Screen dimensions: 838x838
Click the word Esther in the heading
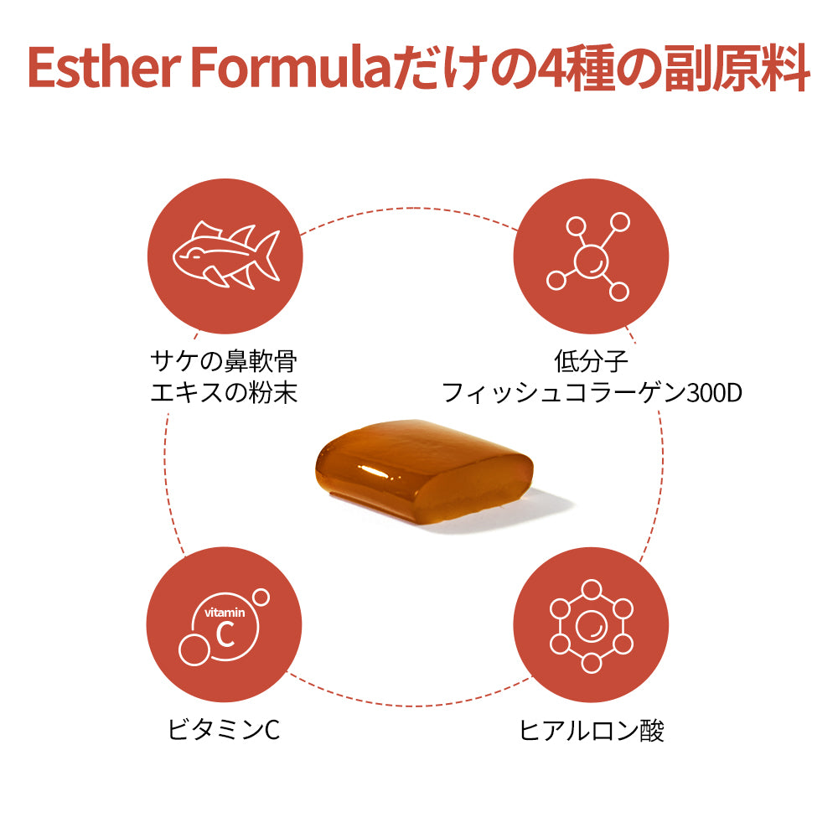104,68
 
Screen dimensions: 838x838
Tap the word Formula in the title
294,68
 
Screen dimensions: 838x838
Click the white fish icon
226,255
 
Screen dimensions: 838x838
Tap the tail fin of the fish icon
268,255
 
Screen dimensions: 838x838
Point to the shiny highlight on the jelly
374,471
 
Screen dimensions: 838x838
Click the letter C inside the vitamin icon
225,634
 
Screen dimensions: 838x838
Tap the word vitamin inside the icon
225,613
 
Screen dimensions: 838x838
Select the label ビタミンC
224,730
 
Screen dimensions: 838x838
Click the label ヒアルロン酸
591,731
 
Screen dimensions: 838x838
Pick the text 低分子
591,361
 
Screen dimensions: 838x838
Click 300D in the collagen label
715,393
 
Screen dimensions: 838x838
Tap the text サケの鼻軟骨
224,361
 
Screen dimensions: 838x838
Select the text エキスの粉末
224,393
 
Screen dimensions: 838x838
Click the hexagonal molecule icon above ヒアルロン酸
591,626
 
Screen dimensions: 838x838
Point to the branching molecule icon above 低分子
588,257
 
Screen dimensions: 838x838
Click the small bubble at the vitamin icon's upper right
261,597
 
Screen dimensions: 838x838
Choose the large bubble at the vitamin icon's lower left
194,650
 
